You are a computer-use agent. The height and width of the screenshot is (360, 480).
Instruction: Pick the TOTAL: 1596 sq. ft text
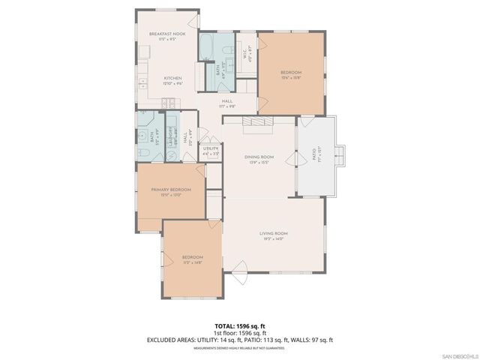[x=239, y=326]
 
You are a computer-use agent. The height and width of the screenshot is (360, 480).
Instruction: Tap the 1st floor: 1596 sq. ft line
[x=239, y=332]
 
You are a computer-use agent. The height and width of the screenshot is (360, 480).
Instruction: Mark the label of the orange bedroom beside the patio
[x=292, y=75]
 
